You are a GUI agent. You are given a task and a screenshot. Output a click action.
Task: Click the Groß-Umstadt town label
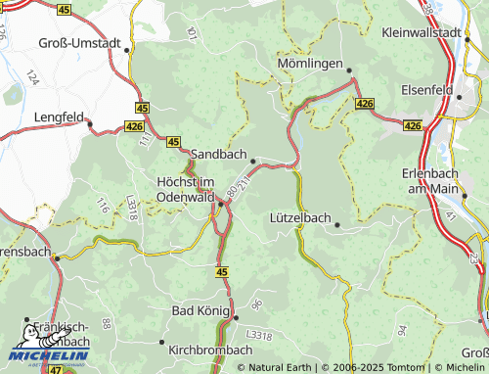[x=81, y=44]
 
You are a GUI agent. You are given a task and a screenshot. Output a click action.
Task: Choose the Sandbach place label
[x=217, y=155]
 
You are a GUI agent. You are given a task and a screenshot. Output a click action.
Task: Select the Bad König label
[x=200, y=310]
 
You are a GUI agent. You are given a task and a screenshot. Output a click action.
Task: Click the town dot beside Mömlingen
[x=348, y=69]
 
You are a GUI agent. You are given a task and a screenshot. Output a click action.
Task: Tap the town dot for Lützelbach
[x=337, y=224]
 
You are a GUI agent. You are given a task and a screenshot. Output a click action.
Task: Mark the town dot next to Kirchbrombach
[x=161, y=342]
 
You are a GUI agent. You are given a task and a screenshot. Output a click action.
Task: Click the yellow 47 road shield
[x=55, y=369]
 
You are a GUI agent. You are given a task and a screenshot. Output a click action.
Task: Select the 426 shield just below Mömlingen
[x=365, y=103]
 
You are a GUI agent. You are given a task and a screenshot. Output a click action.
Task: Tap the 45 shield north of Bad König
[x=222, y=271]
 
